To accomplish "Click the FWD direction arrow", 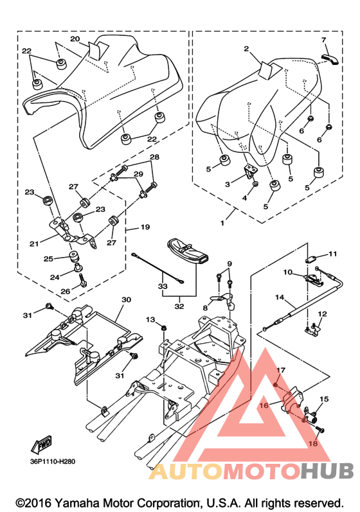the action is [41, 445].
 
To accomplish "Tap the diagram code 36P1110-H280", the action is [53, 461].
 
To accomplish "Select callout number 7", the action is [323, 40].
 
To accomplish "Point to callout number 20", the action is [75, 39].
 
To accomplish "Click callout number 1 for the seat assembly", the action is [222, 224].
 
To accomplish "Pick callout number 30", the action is [126, 299].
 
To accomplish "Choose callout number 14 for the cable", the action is [279, 297].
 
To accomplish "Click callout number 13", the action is [150, 319].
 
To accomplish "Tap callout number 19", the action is [145, 227].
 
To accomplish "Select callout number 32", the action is [179, 306].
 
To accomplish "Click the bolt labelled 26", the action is [82, 280].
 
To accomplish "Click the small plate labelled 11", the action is [310, 260].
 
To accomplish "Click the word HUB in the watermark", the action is [327, 471].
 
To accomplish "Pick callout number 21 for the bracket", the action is [34, 243].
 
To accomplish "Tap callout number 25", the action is [48, 259].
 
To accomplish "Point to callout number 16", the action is [264, 405].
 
